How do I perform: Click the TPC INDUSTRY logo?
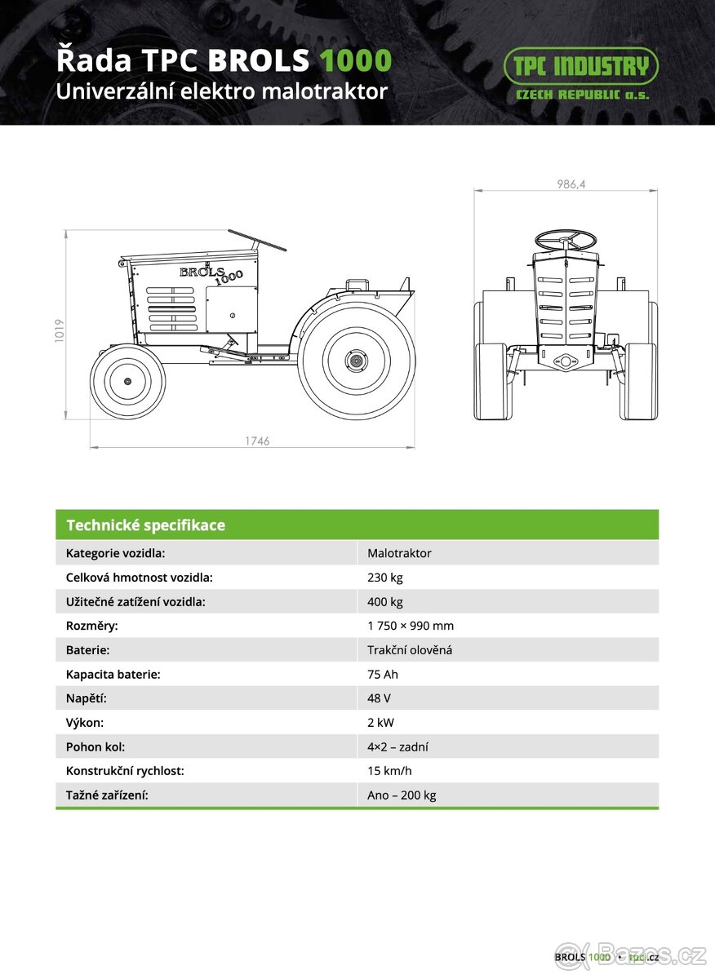[580, 73]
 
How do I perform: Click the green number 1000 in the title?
[355, 61]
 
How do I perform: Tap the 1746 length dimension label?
[257, 441]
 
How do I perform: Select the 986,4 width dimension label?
[571, 184]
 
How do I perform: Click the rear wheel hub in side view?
[356, 360]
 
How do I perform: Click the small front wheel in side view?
[127, 382]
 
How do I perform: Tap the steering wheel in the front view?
[566, 240]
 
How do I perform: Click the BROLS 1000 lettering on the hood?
[211, 273]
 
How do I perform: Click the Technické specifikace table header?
[145, 525]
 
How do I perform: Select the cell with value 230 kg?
[385, 578]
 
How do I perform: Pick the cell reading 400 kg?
[385, 602]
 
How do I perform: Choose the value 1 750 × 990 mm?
[411, 626]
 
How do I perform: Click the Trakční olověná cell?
[410, 650]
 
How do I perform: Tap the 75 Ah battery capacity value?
[383, 675]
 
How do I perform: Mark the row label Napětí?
[87, 698]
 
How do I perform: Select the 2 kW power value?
[381, 723]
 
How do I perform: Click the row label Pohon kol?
[95, 746]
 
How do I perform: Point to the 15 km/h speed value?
[389, 771]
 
